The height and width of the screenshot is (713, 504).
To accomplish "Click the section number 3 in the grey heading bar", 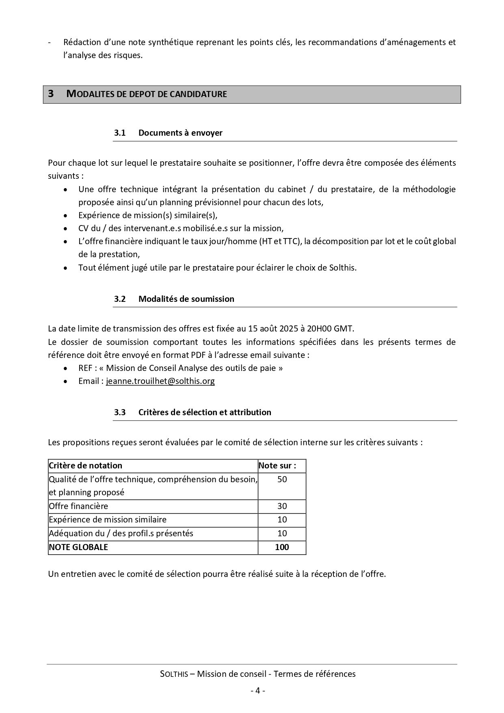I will tap(51, 94).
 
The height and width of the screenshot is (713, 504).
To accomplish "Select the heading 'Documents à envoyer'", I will tap(180, 133).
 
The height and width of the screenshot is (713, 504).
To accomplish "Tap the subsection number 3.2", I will tap(120, 299).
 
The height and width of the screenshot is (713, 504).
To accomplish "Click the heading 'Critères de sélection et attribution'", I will tap(205, 412).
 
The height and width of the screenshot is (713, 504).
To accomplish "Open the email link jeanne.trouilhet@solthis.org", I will tap(160, 381).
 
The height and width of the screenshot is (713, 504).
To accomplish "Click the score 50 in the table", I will tap(282, 479).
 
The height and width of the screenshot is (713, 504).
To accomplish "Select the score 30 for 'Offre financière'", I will tap(282, 506).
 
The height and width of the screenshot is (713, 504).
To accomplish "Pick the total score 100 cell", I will tap(282, 547).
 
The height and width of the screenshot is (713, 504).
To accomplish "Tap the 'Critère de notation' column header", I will tap(85, 466).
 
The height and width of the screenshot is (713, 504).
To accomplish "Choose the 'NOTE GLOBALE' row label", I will tap(78, 547).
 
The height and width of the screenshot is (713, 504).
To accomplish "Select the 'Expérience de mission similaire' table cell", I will tap(108, 520).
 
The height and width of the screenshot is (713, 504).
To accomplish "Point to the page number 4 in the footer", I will tap(257, 691).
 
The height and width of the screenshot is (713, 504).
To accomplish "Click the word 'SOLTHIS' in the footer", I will tap(174, 674).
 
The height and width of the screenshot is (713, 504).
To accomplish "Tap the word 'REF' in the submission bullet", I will tap(86, 368).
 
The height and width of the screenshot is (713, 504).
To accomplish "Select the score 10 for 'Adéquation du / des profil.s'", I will tap(282, 533).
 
